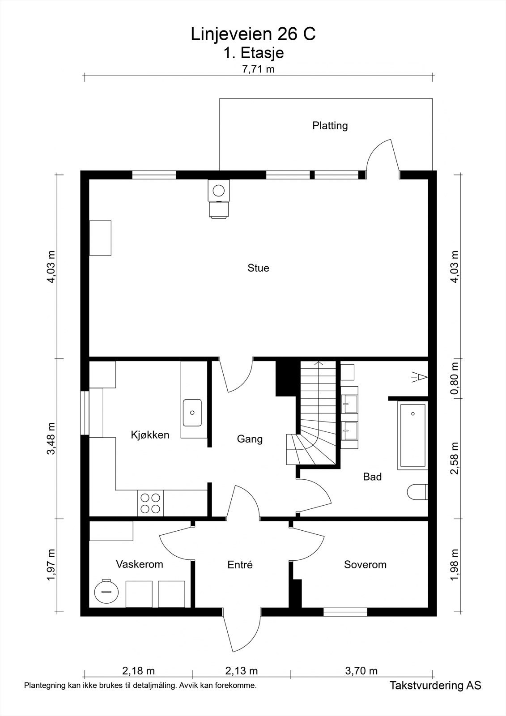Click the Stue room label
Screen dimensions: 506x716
point(258,268)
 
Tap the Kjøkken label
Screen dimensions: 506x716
point(150,435)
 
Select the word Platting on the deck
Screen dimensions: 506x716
point(330,126)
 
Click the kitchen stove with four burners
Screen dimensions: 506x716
point(150,503)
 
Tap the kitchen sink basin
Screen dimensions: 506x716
point(192,413)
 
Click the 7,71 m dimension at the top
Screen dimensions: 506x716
point(258,69)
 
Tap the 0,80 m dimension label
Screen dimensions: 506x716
point(455,378)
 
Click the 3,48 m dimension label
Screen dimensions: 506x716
point(51,438)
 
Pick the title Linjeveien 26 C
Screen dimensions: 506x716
point(253,34)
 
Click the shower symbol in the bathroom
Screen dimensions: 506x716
point(419,377)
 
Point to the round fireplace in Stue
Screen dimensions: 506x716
point(219,190)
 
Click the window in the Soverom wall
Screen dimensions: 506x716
point(345,612)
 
